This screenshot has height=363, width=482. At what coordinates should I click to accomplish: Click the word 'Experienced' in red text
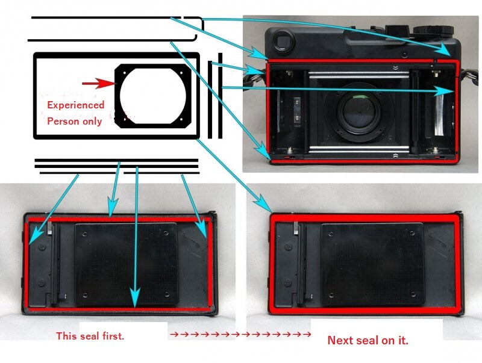(76, 105)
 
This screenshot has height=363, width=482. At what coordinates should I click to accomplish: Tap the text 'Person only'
(74, 120)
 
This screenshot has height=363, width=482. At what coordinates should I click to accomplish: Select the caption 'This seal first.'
(90, 336)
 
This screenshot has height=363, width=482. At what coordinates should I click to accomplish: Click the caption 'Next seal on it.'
(368, 340)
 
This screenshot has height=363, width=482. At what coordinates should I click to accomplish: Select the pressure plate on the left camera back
(126, 263)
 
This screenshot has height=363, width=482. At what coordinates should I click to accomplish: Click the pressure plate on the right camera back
(372, 263)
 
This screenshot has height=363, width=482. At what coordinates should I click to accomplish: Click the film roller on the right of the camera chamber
(442, 113)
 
